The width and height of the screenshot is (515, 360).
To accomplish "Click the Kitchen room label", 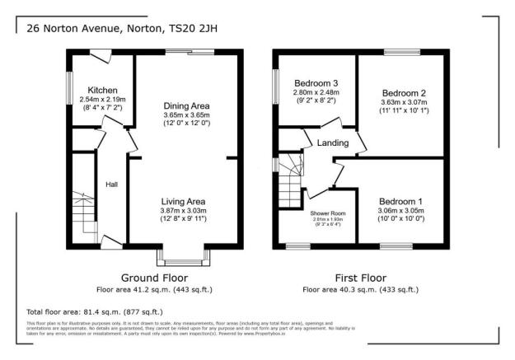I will click(x=103, y=90).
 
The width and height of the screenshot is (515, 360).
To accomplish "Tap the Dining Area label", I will click(x=186, y=106).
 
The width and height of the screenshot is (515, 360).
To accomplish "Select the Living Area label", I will click(x=183, y=202).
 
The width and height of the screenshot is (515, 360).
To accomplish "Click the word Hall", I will click(x=111, y=185).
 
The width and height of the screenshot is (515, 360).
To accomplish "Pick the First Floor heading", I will click(x=359, y=278).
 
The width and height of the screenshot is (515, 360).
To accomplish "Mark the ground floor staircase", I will click(x=82, y=215).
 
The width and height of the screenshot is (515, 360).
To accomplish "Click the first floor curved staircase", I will click(x=290, y=176).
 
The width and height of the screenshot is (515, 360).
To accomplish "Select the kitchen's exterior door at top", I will click(x=101, y=55).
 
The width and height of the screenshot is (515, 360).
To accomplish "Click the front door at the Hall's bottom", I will click(x=112, y=242).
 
